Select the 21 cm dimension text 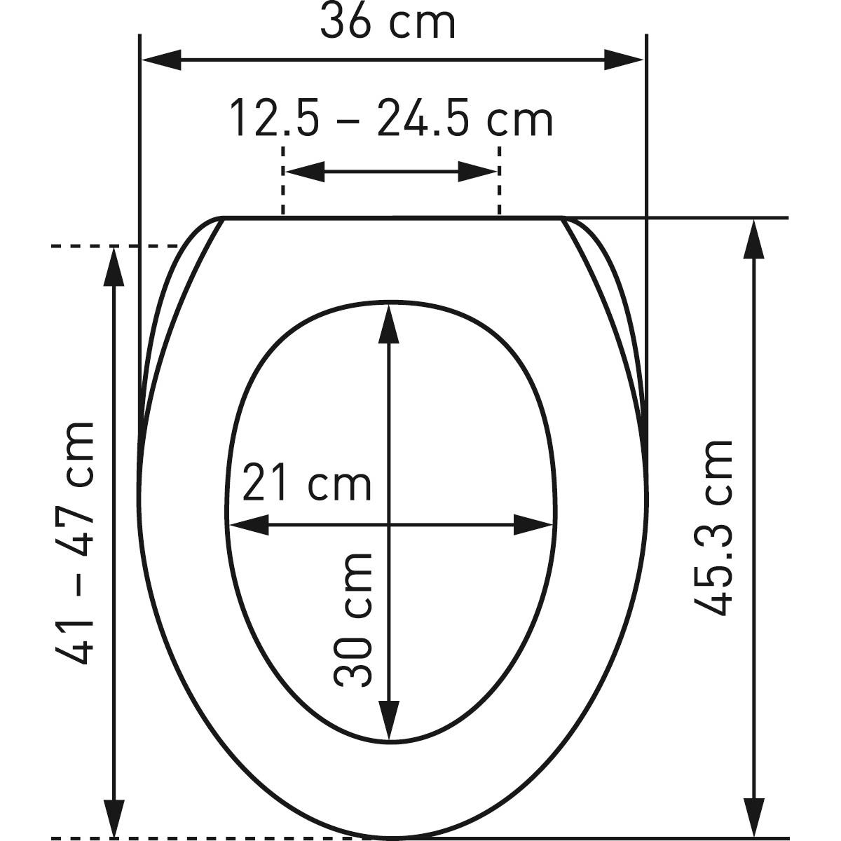(x=306, y=482)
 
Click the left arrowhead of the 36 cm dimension (x=161, y=60)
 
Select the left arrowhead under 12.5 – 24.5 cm (x=305, y=172)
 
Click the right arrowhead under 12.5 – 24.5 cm (x=477, y=172)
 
